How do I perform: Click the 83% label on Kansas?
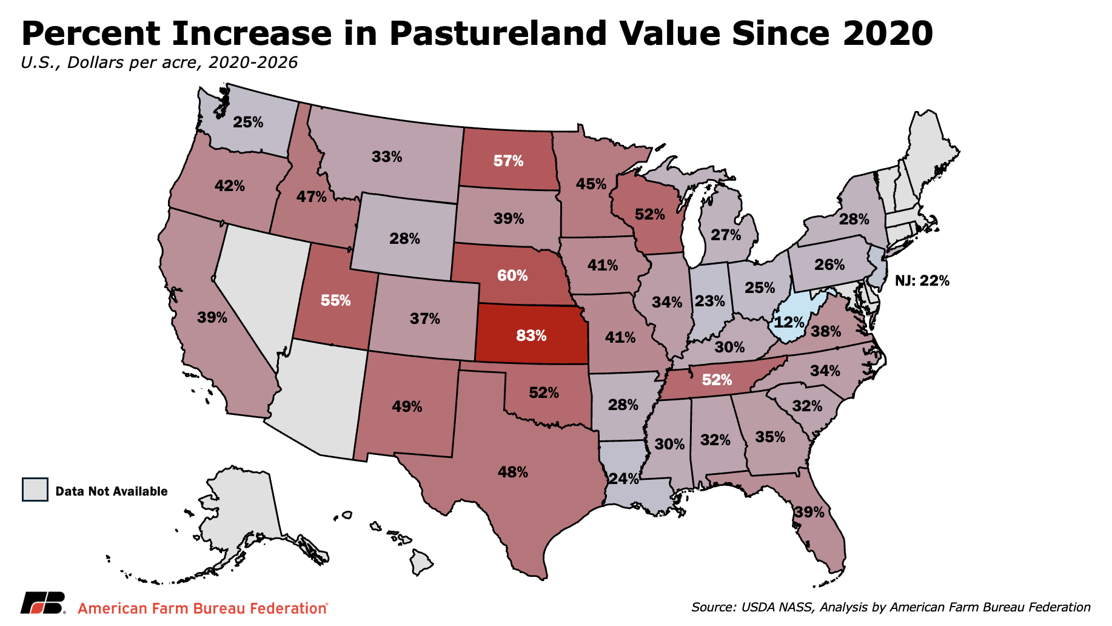pyautogui.click(x=531, y=335)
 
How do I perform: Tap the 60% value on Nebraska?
pyautogui.click(x=512, y=276)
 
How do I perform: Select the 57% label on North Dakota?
pyautogui.click(x=508, y=161)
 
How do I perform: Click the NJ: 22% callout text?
pyautogui.click(x=922, y=280)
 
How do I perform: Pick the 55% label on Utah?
pyautogui.click(x=336, y=300)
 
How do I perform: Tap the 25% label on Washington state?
pyautogui.click(x=248, y=122)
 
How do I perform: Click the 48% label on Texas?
pyautogui.click(x=512, y=471)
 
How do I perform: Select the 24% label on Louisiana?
pyautogui.click(x=624, y=479)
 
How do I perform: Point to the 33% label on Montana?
pyautogui.click(x=387, y=157)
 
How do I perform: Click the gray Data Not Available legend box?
pyautogui.click(x=35, y=490)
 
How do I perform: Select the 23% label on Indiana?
pyautogui.click(x=710, y=301)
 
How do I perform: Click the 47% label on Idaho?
pyautogui.click(x=312, y=197)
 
